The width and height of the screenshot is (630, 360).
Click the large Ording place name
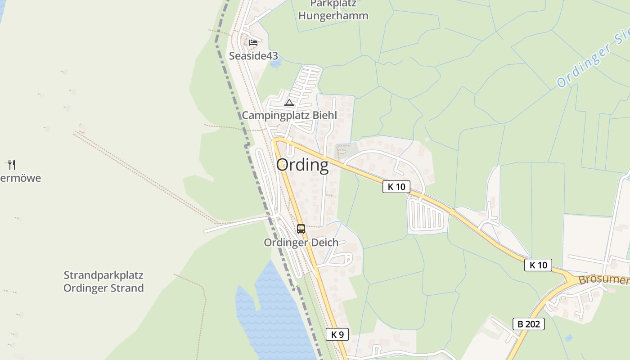pos(302,165)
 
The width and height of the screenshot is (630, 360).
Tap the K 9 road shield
pos(337,334)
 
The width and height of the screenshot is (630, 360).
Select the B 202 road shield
pos(528,324)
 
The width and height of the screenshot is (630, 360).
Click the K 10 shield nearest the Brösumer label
pos(538,265)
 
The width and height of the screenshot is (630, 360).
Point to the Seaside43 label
pos(253,56)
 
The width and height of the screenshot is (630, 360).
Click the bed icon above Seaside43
pos(253,43)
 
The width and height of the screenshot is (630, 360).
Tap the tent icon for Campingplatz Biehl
pos(289,103)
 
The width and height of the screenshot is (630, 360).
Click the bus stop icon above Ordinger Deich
pos(301,229)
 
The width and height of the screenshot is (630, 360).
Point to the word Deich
pos(323,243)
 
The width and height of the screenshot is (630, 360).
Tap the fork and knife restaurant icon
pos(12,164)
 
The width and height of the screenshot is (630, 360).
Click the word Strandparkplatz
pos(103,275)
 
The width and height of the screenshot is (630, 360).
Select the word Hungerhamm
pos(333,16)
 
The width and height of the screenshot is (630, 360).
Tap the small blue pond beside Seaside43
pos(275,63)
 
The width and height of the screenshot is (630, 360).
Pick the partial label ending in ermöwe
pos(20,178)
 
